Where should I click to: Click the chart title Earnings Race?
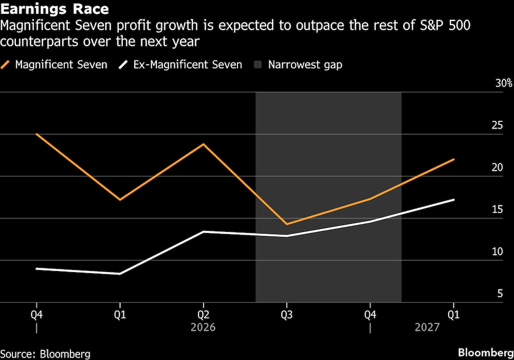[x=54, y=10]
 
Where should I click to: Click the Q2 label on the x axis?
[x=203, y=314]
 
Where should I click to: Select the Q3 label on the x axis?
[x=287, y=314]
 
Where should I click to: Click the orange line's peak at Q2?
[x=204, y=144]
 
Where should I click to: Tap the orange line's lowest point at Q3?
[x=287, y=224]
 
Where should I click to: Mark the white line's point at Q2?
[x=204, y=232]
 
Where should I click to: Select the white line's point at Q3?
[x=287, y=236]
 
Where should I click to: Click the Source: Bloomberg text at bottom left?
[x=45, y=354]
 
